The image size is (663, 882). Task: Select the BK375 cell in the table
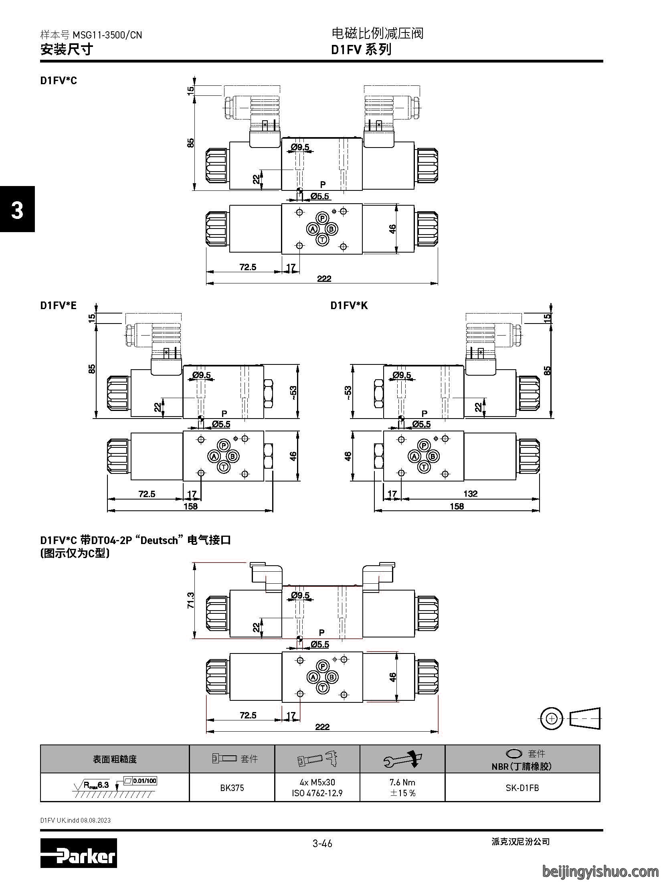(232, 787)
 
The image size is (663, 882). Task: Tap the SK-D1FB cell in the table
(522, 787)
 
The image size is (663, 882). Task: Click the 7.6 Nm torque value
(402, 782)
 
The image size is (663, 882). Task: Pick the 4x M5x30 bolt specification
(317, 782)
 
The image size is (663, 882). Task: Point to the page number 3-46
(322, 844)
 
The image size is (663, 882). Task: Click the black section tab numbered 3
(17, 209)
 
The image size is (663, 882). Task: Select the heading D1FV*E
(58, 305)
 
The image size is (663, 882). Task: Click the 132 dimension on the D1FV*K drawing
(470, 494)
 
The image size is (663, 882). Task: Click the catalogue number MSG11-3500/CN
(107, 35)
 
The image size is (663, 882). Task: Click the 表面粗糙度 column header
(115, 759)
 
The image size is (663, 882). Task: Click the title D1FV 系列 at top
(361, 50)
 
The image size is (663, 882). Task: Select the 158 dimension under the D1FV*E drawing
(190, 506)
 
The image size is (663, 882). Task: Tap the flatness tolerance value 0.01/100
(145, 780)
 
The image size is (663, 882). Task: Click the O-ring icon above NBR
(514, 754)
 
